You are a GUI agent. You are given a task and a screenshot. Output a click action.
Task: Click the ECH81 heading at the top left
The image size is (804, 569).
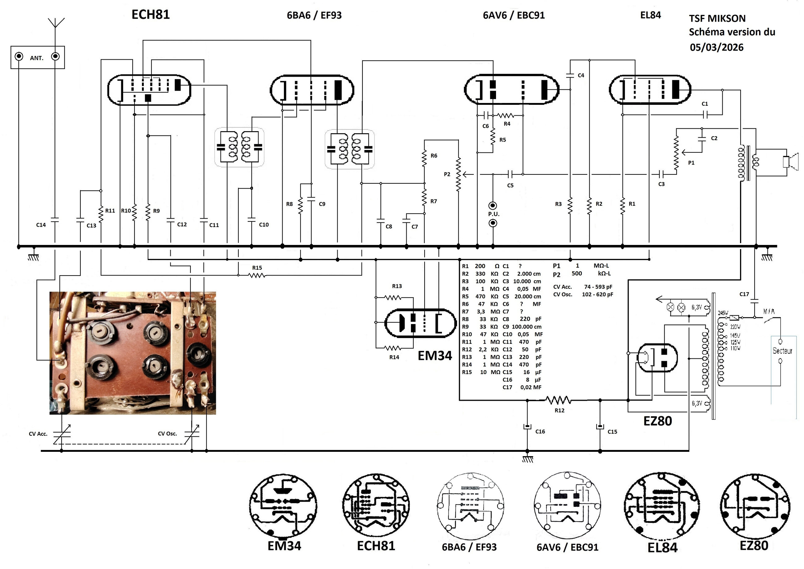[x=150, y=15]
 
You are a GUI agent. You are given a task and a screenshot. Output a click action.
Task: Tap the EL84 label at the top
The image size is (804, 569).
[x=650, y=15]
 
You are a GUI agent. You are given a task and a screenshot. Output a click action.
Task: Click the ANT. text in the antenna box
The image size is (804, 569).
[x=36, y=58]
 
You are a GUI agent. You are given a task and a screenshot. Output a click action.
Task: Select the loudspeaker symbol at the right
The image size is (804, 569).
[x=790, y=161]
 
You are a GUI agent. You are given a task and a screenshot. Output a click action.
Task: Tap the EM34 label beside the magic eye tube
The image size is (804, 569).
[x=434, y=356]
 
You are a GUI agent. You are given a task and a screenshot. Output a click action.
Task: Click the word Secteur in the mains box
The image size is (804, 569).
[x=782, y=351]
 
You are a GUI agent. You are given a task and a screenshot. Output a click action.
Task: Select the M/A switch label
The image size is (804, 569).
[x=769, y=311]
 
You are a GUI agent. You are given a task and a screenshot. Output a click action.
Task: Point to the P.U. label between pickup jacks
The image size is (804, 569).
[x=493, y=214]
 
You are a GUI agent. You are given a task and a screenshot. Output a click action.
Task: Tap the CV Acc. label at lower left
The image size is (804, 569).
[x=38, y=434]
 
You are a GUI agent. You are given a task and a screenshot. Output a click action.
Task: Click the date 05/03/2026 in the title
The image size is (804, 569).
[x=716, y=47]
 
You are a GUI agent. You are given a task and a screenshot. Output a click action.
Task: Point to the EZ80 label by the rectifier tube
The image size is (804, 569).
[x=657, y=421]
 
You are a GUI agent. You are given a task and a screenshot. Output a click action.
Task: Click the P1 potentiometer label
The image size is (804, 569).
[x=691, y=163]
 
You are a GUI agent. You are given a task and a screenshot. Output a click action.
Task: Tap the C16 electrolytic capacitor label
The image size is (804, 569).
[x=540, y=432]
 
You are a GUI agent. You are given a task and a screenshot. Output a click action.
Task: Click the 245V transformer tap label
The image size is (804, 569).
[x=723, y=313]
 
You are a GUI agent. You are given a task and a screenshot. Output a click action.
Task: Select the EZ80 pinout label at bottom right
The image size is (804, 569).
[x=754, y=545]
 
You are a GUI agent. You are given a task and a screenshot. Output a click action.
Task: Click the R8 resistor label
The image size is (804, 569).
[x=289, y=204]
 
